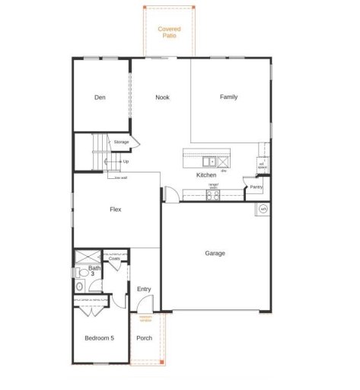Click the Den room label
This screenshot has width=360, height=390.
click(x=100, y=97)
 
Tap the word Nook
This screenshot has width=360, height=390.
click(x=161, y=97)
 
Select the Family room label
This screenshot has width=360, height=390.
click(x=228, y=97)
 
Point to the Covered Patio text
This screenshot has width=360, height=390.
click(x=169, y=32)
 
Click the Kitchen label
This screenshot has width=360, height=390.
click(x=206, y=175)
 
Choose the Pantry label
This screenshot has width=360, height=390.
click(x=256, y=187)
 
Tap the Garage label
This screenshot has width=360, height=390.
click(x=215, y=253)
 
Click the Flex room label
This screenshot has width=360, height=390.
click(x=116, y=209)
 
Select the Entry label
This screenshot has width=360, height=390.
click(x=144, y=289)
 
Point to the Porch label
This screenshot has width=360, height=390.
click(x=144, y=337)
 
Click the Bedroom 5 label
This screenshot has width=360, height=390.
click(x=99, y=337)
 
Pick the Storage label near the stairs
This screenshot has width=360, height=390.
click(x=121, y=142)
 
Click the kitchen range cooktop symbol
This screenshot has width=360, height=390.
click(x=214, y=194)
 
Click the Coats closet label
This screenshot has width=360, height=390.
click(x=114, y=259)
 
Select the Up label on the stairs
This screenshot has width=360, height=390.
click(x=126, y=161)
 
